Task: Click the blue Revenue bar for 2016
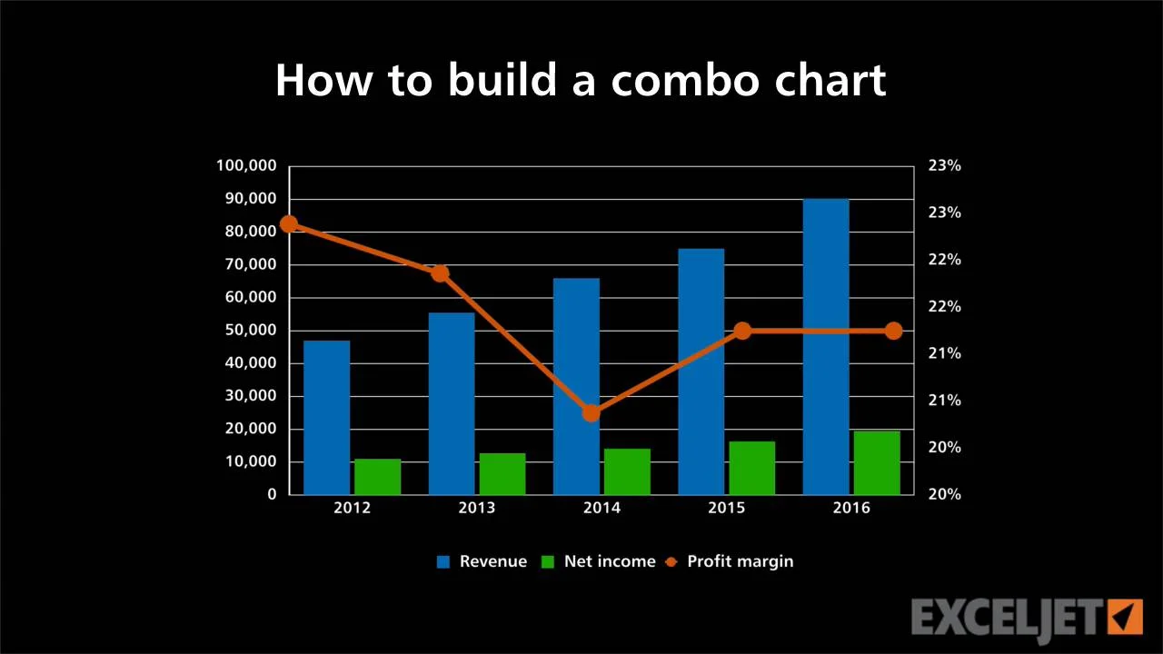point(826,347)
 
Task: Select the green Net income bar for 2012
point(378,477)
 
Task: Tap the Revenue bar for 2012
point(326,418)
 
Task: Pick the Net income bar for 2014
point(627,471)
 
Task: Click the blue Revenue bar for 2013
point(452,404)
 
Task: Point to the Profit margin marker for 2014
point(591,413)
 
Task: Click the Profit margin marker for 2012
point(289,224)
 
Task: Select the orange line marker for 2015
point(743,331)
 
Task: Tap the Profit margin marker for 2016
point(893,331)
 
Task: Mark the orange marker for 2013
point(441,273)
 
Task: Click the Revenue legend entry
point(482,561)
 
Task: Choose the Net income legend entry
point(599,561)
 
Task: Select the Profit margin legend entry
point(730,561)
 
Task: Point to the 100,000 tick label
point(246,166)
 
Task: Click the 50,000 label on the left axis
point(251,330)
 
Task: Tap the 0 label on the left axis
point(272,495)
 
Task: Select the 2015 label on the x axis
point(726,508)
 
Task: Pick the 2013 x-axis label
point(477,508)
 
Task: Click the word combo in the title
point(685,81)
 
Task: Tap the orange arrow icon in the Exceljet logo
point(1125,617)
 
